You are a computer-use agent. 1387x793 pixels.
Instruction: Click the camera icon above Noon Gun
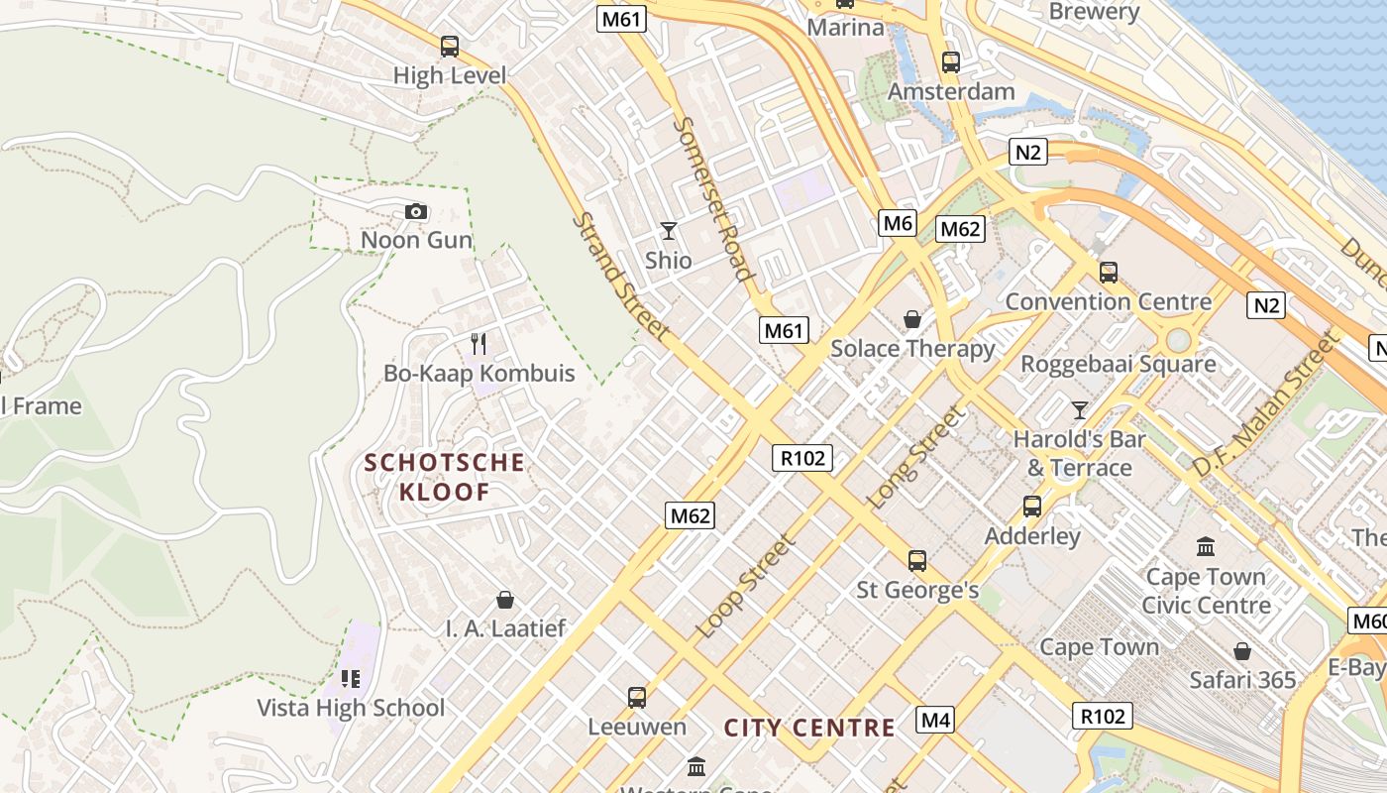[416, 211]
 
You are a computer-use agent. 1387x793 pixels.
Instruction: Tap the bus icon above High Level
[449, 46]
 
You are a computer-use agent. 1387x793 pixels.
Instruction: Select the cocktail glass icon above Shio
[669, 231]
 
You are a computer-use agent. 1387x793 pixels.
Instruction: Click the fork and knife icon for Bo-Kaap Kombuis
[479, 344]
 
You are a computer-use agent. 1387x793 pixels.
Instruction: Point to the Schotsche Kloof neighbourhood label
[445, 476]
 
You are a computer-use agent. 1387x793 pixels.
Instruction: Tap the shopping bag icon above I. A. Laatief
[505, 600]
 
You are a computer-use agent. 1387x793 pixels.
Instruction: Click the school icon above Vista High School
[350, 679]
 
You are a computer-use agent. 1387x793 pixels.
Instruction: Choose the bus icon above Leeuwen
[636, 698]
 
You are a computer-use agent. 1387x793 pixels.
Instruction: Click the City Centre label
[809, 728]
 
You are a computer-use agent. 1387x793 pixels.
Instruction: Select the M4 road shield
[935, 720]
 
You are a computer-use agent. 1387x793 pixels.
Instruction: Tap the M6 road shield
[898, 223]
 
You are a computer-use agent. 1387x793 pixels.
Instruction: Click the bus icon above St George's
[917, 561]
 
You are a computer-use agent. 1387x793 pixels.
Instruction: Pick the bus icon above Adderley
[1032, 507]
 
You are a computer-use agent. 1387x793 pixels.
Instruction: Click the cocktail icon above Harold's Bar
[1079, 409]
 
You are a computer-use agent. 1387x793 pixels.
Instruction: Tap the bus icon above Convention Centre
[1108, 273]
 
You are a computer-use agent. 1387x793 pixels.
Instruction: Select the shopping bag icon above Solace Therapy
[911, 319]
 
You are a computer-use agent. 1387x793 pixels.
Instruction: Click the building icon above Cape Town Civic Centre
[1206, 546]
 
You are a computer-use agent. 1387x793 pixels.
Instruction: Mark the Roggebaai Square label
[1119, 364]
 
